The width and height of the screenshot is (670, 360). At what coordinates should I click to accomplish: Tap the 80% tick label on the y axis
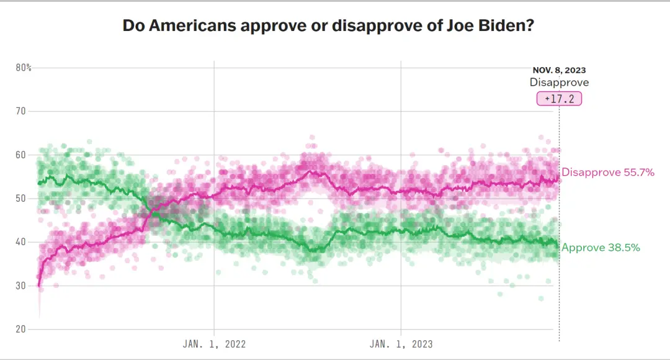[24, 68]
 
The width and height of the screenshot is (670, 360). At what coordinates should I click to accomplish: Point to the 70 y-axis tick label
[21, 112]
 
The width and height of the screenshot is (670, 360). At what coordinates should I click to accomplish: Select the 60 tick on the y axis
[21, 155]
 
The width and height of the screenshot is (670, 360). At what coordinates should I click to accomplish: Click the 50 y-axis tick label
[21, 199]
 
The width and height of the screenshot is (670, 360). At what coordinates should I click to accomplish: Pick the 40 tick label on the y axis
[21, 242]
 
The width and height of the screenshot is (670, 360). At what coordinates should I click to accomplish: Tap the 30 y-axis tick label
[21, 286]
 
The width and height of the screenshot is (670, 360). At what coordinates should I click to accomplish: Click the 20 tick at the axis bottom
[21, 329]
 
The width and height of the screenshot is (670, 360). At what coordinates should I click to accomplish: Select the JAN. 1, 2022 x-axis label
[214, 343]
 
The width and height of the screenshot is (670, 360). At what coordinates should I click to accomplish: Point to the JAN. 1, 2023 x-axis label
[401, 343]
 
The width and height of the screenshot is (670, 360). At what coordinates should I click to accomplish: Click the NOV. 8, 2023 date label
[559, 71]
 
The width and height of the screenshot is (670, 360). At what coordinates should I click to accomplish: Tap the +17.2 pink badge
[559, 99]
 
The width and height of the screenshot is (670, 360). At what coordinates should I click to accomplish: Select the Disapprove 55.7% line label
[608, 173]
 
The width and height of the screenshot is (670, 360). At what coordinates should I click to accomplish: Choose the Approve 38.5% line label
[601, 248]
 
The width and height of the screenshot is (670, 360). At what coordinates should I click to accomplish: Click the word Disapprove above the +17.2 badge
[559, 83]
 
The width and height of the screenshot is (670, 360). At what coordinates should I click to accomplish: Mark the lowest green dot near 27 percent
[541, 299]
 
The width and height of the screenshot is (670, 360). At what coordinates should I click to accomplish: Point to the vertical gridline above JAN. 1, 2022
[214, 124]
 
